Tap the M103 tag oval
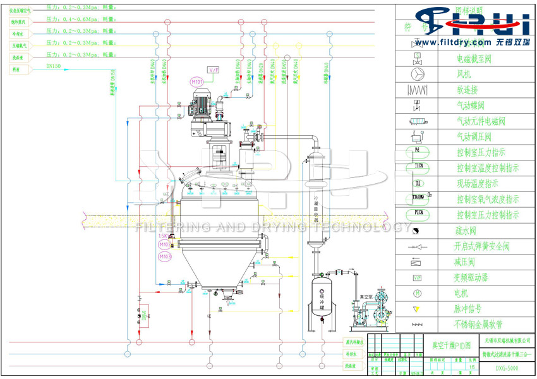(x=165, y=256)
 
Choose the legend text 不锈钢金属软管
(x=486, y=325)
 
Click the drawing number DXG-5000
(x=507, y=367)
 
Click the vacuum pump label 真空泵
(x=368, y=296)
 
